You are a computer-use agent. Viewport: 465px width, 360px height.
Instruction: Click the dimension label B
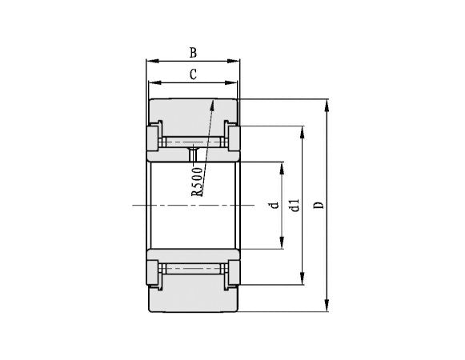point(193,53)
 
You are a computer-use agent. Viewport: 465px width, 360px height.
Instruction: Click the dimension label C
point(193,74)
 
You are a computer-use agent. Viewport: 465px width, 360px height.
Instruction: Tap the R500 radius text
point(198,181)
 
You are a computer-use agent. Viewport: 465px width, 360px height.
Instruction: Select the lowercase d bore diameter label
point(274,206)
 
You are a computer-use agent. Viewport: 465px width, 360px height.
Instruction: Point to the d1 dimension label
point(295,206)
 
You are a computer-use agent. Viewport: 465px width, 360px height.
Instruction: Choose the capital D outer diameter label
point(319,206)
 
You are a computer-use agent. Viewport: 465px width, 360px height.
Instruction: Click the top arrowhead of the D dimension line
point(327,103)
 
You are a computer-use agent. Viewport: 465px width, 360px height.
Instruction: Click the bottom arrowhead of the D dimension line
point(327,308)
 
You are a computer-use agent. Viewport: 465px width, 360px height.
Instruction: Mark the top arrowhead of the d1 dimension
point(303,130)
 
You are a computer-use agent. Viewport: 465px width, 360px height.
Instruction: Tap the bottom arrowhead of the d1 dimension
point(303,281)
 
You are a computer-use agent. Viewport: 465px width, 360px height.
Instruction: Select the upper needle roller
point(192,142)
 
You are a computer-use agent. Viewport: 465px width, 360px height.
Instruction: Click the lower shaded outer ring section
point(192,298)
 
